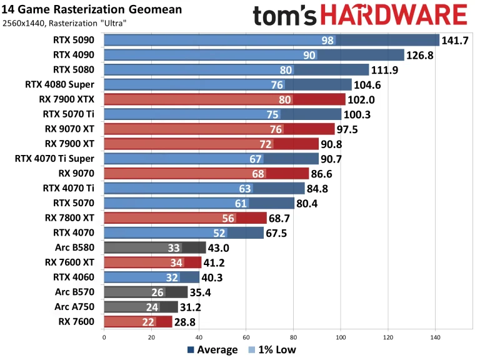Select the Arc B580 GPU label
[x=76, y=247]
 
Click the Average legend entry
[x=212, y=349]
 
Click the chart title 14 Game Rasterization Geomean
[x=93, y=9]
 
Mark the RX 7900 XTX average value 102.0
[x=363, y=99]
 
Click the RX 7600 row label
[x=77, y=322]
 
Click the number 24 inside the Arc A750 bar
[x=152, y=307]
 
